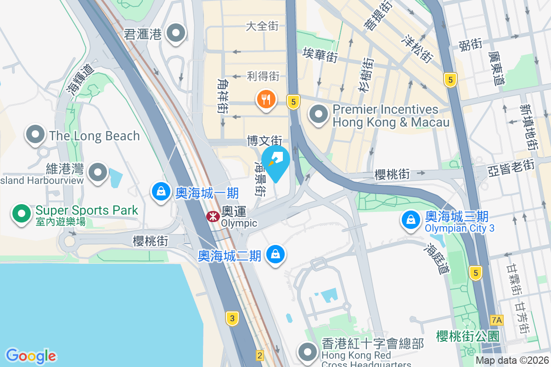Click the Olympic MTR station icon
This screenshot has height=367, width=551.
click(x=213, y=217)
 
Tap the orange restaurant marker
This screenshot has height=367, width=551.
click(x=266, y=99)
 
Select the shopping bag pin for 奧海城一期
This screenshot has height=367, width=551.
click(x=161, y=191)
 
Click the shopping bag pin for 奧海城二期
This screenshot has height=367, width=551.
click(x=275, y=254)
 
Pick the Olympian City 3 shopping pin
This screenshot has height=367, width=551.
click(x=410, y=220)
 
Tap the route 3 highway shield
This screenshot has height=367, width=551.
click(x=233, y=318)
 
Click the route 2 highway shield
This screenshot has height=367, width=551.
click(x=260, y=355)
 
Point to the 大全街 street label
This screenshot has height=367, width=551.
click(x=262, y=26)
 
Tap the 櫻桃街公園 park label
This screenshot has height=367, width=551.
click(x=467, y=336)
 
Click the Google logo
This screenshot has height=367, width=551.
click(x=31, y=356)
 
